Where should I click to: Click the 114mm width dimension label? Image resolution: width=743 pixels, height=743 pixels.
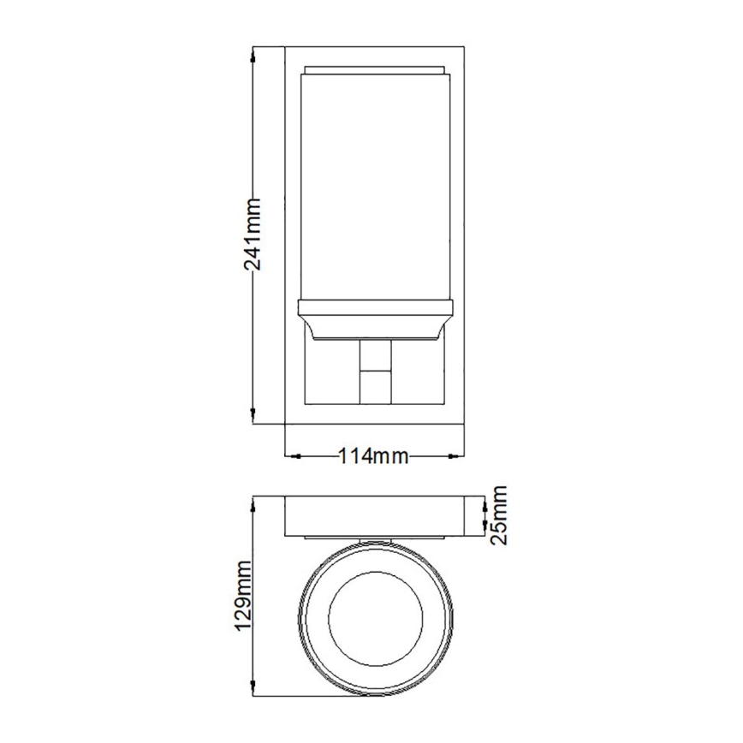coord(372,455)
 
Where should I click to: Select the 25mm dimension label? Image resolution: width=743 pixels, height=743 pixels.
coord(500,514)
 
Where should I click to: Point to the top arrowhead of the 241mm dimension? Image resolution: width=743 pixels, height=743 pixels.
coord(253,52)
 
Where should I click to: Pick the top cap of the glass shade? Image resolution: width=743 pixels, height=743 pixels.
coord(373,68)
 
